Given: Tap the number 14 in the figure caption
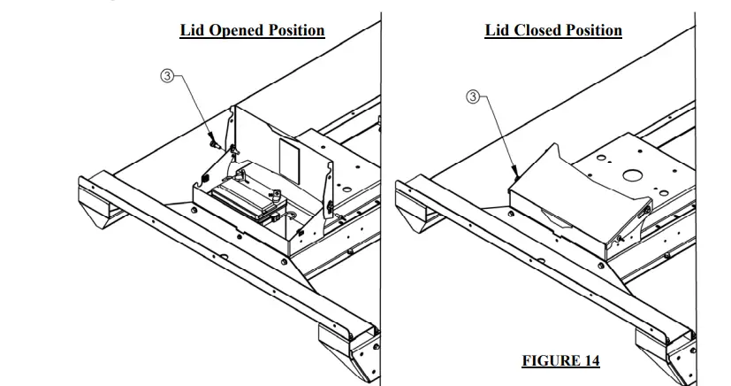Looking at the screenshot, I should coord(590,360).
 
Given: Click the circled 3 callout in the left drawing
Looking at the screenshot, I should coord(165,75).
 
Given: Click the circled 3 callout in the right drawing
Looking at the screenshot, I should coord(475,96).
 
